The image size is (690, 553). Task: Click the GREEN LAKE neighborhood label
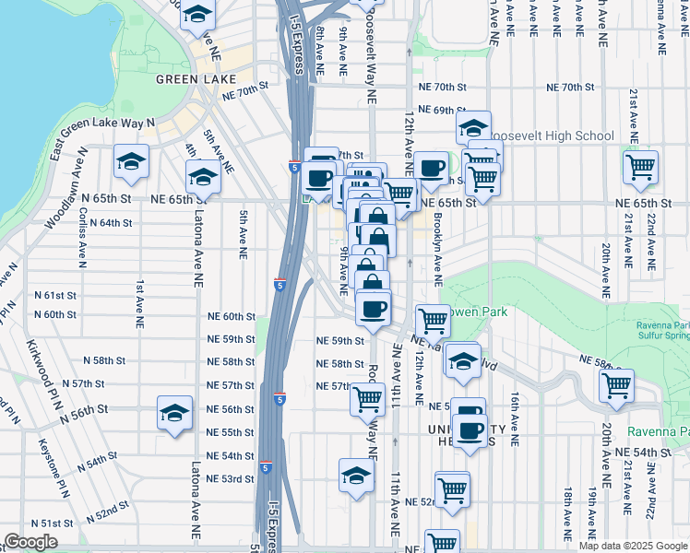pyautogui.click(x=191, y=79)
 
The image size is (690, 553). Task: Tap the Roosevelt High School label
pyautogui.click(x=551, y=136)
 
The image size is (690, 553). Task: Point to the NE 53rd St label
pyautogui.click(x=230, y=478)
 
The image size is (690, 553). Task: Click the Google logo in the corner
pyautogui.click(x=30, y=542)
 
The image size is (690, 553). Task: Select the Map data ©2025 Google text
pyautogui.click(x=632, y=546)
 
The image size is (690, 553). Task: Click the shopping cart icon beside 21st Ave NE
pyautogui.click(x=639, y=168)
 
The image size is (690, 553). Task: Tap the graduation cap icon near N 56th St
pyautogui.click(x=174, y=414)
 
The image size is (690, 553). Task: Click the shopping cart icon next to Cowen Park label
pyautogui.click(x=433, y=320)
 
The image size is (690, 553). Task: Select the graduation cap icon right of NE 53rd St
pyautogui.click(x=356, y=476)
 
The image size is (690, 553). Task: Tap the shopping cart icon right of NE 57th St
pyautogui.click(x=367, y=398)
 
